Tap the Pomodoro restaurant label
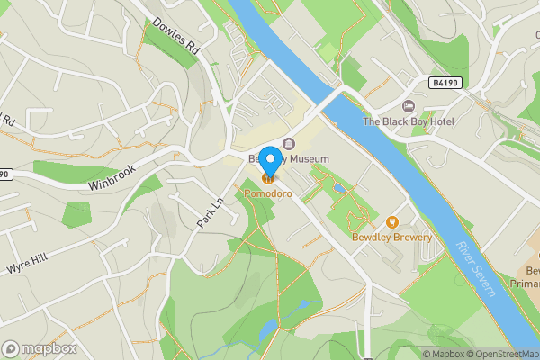click(268, 193)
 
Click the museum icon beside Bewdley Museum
click(288, 144)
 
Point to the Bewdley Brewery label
click(391, 238)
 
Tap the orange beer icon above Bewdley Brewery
click(392, 221)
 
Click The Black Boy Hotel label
click(409, 121)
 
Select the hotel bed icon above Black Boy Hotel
click(409, 106)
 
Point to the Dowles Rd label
click(175, 40)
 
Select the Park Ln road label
click(209, 211)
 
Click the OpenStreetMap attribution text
click(501, 354)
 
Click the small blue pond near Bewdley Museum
click(337, 188)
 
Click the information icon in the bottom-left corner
click(11, 348)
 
